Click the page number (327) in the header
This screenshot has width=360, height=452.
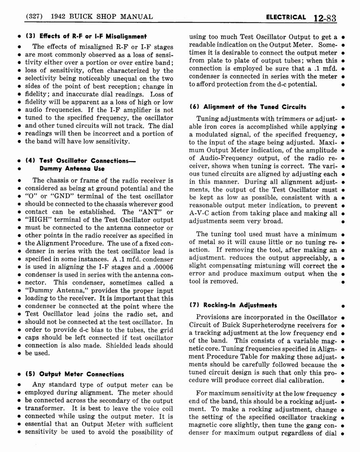34,17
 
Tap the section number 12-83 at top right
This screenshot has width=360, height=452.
325,18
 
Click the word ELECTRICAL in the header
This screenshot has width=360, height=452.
285,17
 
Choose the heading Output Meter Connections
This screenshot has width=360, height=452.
74,374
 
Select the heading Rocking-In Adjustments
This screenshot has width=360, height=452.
233,305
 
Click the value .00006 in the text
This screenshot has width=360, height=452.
161,267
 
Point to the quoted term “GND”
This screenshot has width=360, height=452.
55,196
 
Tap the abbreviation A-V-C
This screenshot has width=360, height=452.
200,213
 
